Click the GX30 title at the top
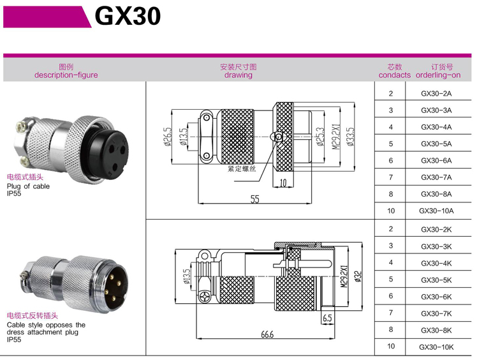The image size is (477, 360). click(128, 16)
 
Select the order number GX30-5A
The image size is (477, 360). click(436, 144)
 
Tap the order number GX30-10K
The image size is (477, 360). click(436, 347)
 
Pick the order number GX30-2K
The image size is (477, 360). click(436, 229)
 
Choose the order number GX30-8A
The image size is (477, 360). click(436, 194)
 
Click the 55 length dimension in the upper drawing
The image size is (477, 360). click(254, 199)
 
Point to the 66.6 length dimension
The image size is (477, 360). click(267, 334)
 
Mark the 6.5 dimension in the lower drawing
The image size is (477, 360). click(327, 319)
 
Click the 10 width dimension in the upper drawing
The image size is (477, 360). click(283, 183)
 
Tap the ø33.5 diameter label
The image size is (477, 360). click(350, 137)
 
